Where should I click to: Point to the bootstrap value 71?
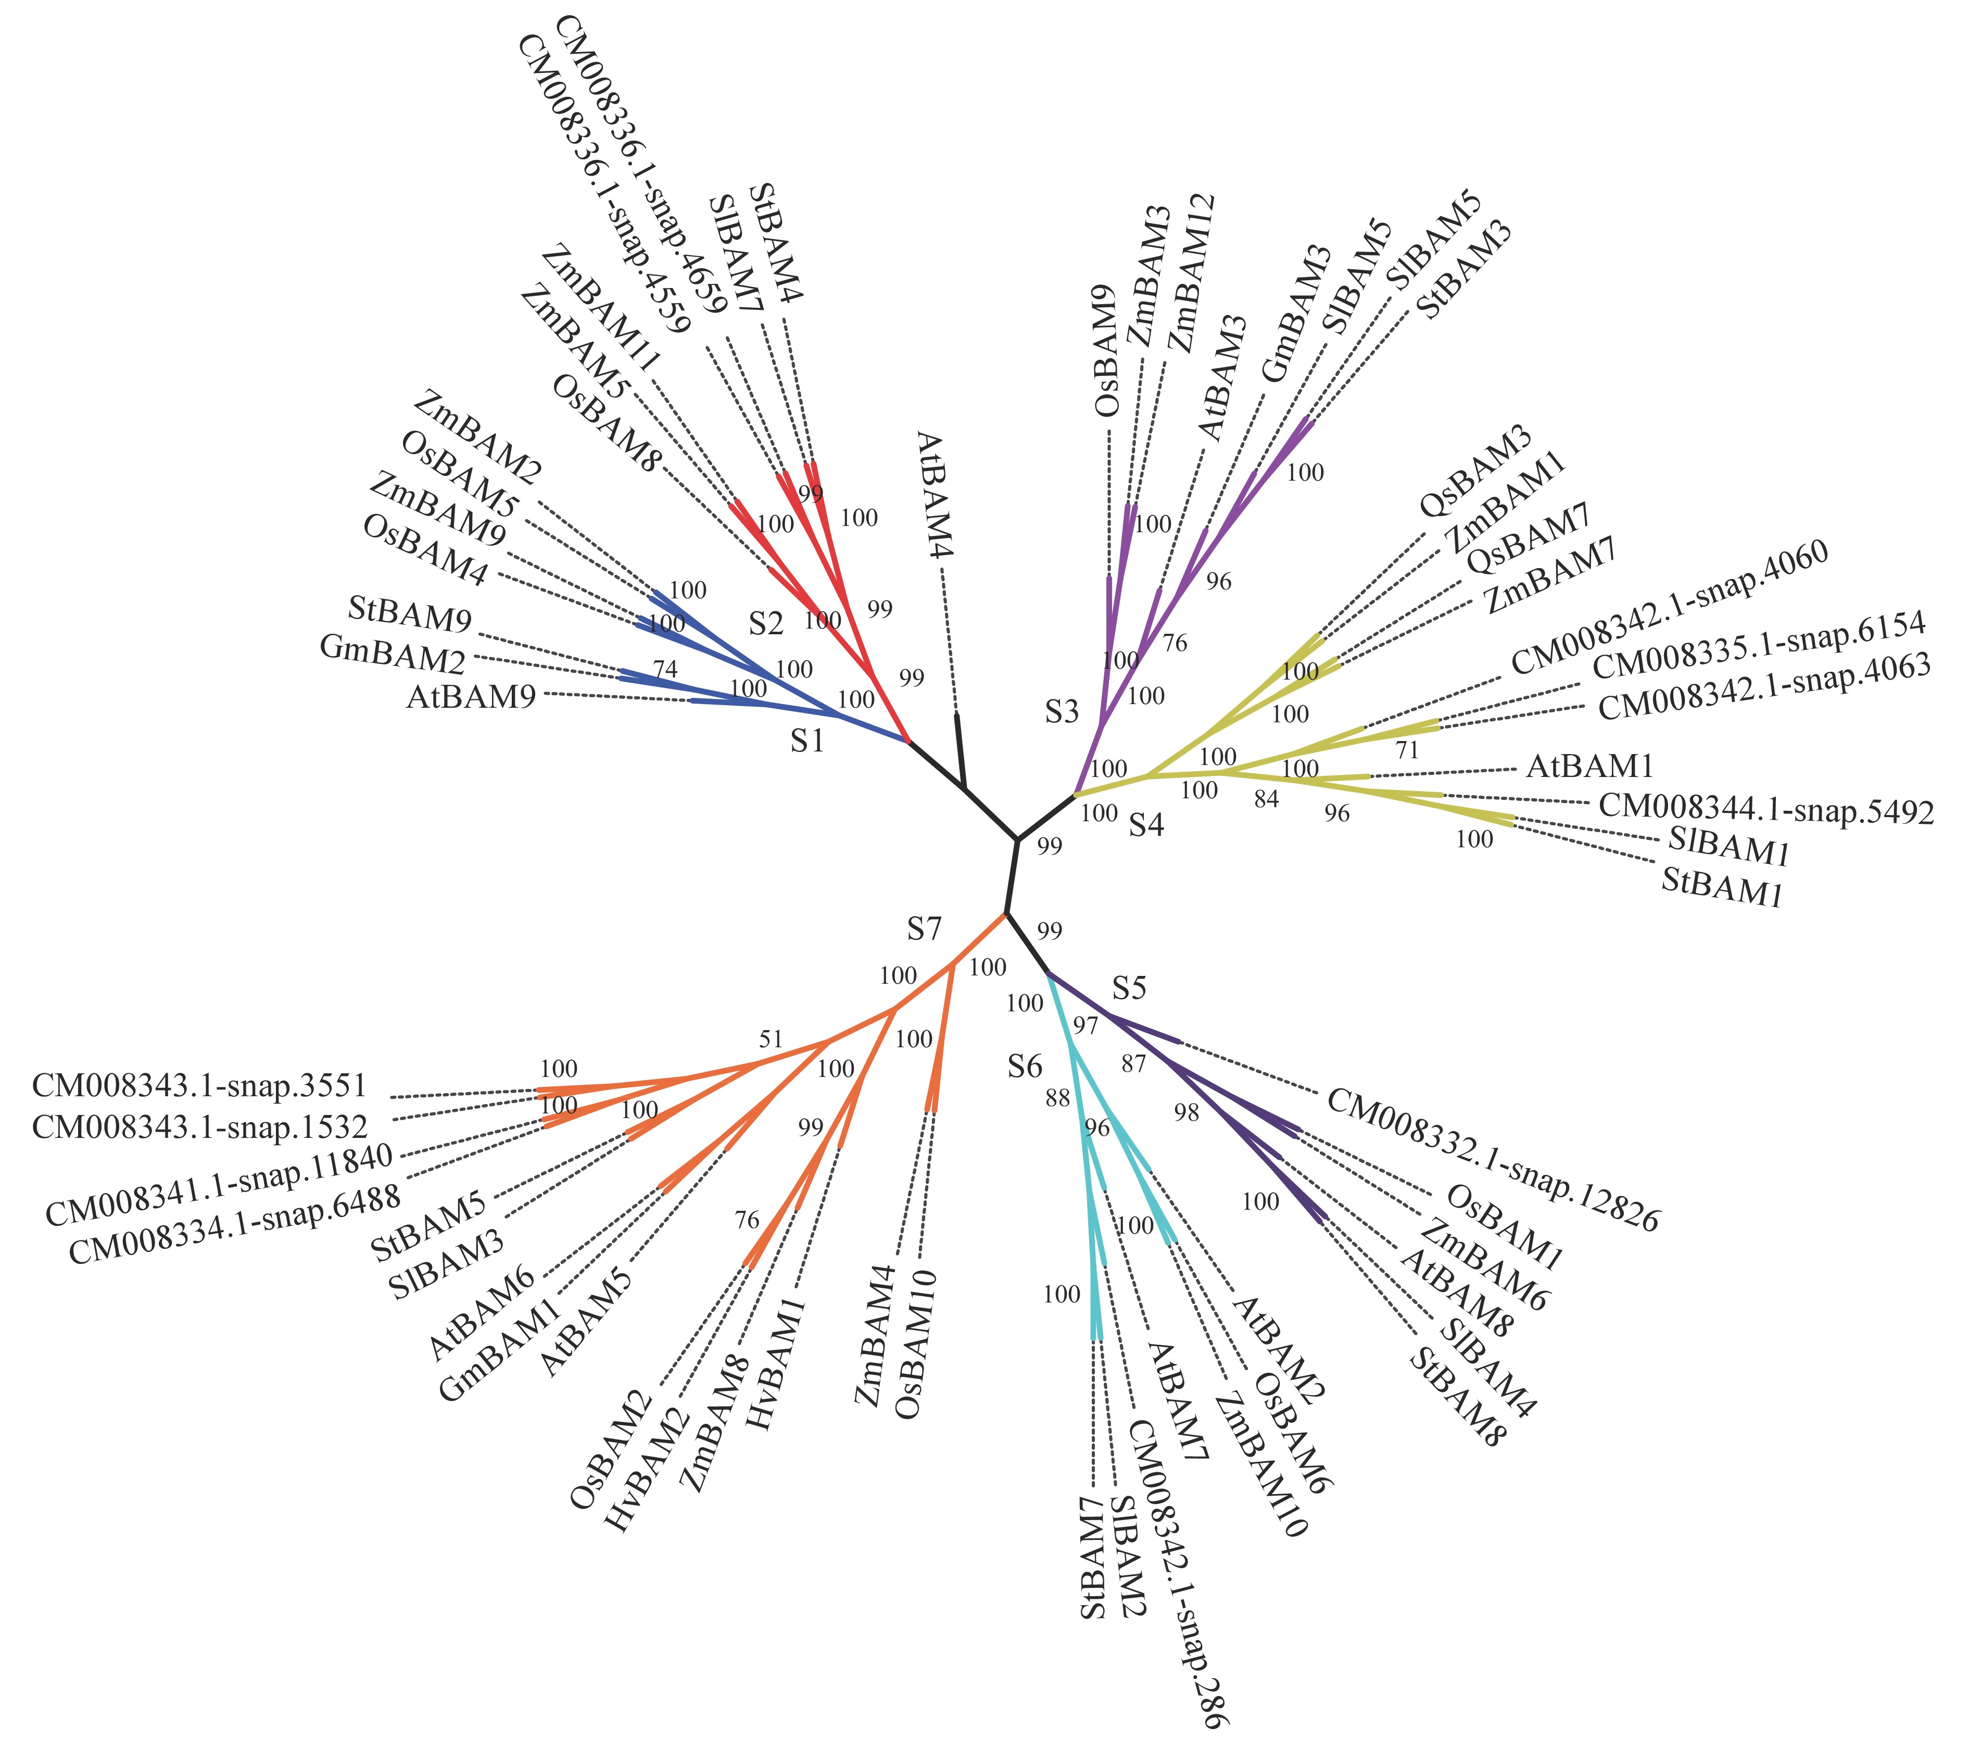[1407, 750]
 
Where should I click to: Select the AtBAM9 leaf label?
[471, 696]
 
